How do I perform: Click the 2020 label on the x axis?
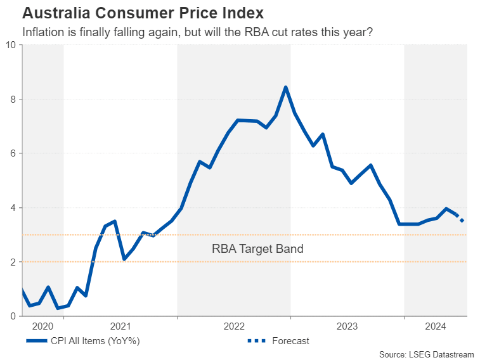[42, 326]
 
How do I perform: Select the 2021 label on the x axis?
[120, 326]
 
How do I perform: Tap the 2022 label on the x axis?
[234, 326]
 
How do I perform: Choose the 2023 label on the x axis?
[347, 326]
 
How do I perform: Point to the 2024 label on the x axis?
[436, 326]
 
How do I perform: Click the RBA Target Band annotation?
[257, 249]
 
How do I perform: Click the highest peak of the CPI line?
[286, 87]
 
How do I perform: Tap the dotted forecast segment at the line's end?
[461, 219]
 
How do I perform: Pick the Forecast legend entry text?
[290, 341]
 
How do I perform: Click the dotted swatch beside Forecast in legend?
[256, 341]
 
